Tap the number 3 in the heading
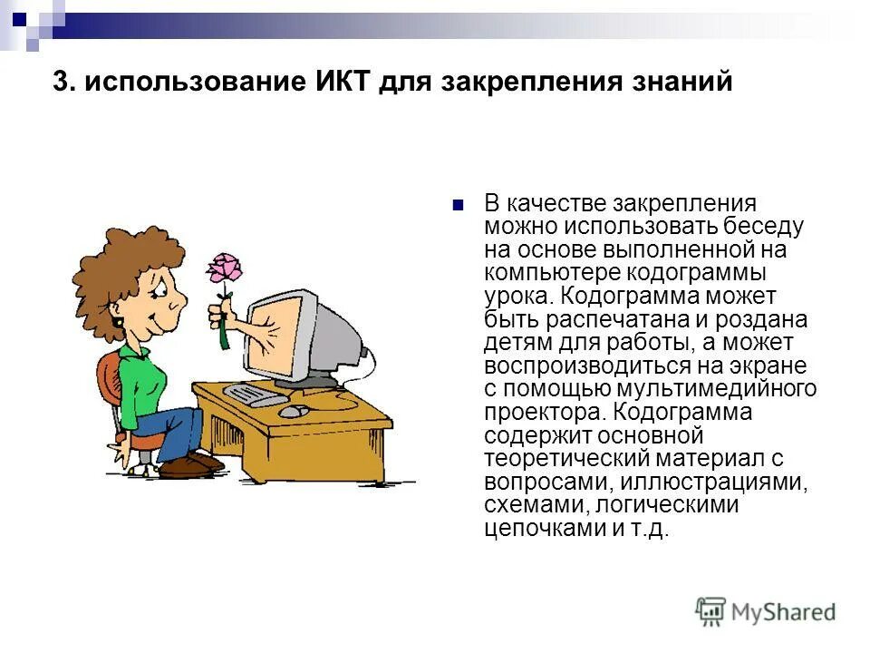[x=62, y=82]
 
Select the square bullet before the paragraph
[x=458, y=203]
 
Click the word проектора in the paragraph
[x=538, y=413]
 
